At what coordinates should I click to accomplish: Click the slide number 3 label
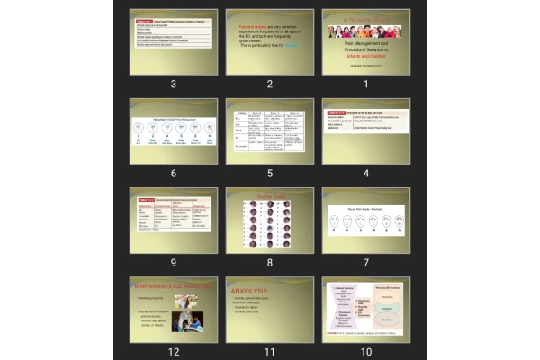[172, 84]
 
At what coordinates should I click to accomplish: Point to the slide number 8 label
[269, 262]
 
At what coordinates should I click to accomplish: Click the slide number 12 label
[172, 351]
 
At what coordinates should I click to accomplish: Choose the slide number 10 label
[366, 351]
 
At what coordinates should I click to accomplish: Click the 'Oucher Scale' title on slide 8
[269, 196]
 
